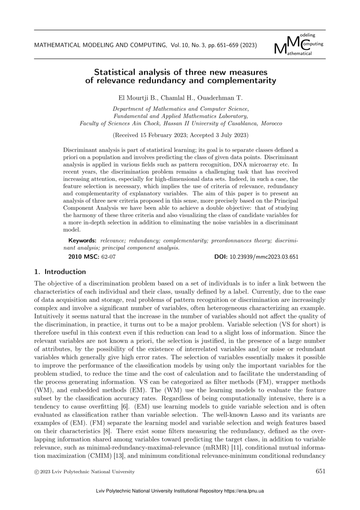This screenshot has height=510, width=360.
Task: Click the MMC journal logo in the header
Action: [x=298, y=44]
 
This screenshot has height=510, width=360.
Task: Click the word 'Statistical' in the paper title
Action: [x=117, y=72]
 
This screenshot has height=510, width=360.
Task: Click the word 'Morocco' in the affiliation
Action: [x=270, y=123]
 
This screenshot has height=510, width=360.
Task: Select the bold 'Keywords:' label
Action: [x=82, y=240]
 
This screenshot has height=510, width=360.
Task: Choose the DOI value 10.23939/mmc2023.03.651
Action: [x=264, y=257]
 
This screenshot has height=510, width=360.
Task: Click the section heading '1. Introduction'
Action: [x=60, y=272]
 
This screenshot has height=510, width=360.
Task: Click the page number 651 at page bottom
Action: [x=321, y=471]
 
